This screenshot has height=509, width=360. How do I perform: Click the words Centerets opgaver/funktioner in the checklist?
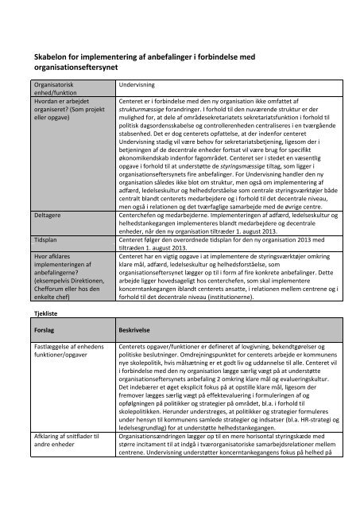(159, 348)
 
